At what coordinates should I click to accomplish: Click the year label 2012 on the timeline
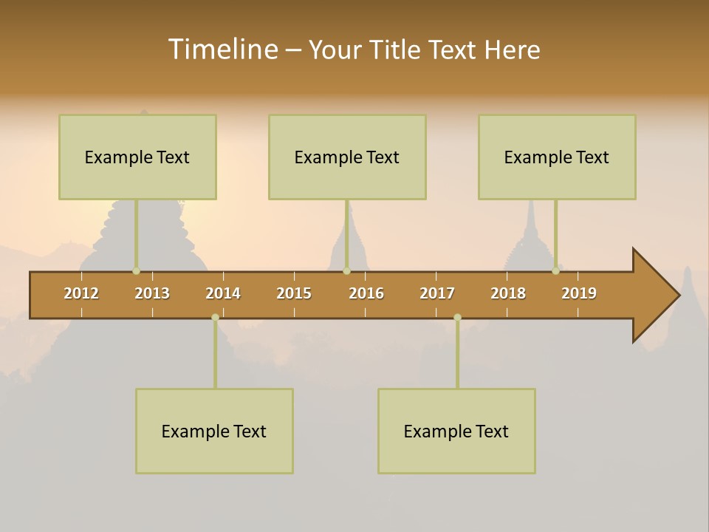81,293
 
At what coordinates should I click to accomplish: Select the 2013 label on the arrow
152,293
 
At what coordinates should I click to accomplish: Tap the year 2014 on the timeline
223,293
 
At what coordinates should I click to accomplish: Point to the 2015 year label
294,293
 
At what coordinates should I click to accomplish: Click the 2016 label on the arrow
366,293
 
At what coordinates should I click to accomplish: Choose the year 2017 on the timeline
437,293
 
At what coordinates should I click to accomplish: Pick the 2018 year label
508,293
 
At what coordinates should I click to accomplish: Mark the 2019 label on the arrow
579,293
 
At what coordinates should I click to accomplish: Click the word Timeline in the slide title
222,50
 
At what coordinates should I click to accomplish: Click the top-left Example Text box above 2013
137,157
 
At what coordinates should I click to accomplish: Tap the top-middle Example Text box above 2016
347,157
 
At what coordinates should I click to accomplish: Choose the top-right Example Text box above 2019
557,157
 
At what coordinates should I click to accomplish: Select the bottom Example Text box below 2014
214,431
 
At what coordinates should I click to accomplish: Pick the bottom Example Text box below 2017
456,431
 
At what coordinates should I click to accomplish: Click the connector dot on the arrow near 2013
137,271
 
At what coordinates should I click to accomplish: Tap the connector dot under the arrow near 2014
215,317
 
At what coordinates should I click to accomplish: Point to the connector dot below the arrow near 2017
457,317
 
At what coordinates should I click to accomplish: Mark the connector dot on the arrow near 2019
555,271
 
